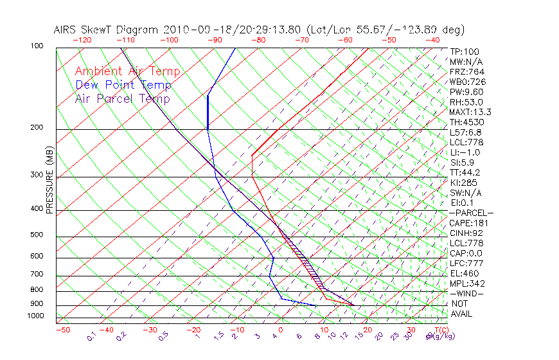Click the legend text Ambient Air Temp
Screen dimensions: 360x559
(x=127, y=71)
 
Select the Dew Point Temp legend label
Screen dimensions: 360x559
(x=123, y=85)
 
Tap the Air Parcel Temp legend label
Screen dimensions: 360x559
(x=122, y=98)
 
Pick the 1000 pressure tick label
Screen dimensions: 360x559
(x=37, y=316)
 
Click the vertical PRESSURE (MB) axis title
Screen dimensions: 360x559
(x=50, y=180)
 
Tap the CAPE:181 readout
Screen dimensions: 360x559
(x=468, y=223)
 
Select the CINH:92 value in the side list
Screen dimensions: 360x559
(x=466, y=233)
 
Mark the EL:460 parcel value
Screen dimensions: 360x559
(x=465, y=273)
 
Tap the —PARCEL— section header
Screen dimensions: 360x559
(x=471, y=213)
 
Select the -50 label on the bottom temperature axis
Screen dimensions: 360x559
(x=63, y=330)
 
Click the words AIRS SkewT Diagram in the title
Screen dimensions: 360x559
(x=106, y=30)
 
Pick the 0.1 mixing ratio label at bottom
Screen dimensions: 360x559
(x=92, y=336)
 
